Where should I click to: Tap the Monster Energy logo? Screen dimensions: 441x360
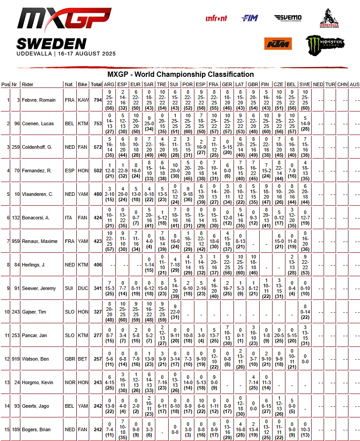[325, 44]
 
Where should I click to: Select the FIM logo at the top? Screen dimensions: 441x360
[249, 18]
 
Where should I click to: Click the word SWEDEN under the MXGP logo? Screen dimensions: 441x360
[51, 44]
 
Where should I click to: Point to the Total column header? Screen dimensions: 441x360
[96, 84]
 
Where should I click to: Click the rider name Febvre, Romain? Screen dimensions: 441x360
[39, 100]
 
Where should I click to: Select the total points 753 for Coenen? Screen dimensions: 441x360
[96, 123]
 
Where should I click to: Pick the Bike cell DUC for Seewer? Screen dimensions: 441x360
[83, 288]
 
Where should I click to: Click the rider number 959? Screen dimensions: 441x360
[15, 241]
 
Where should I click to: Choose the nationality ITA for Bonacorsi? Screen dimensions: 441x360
[69, 218]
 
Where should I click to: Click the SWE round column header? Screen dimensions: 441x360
[305, 84]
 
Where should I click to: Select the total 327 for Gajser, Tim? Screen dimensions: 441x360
[96, 312]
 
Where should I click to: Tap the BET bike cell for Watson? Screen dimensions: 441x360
[83, 359]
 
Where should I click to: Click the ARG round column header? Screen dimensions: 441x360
[109, 84]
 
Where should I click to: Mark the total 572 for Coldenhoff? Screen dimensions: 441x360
[96, 147]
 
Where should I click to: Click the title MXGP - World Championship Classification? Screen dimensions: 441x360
[181, 74]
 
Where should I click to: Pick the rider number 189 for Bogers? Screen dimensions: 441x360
[15, 429]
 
